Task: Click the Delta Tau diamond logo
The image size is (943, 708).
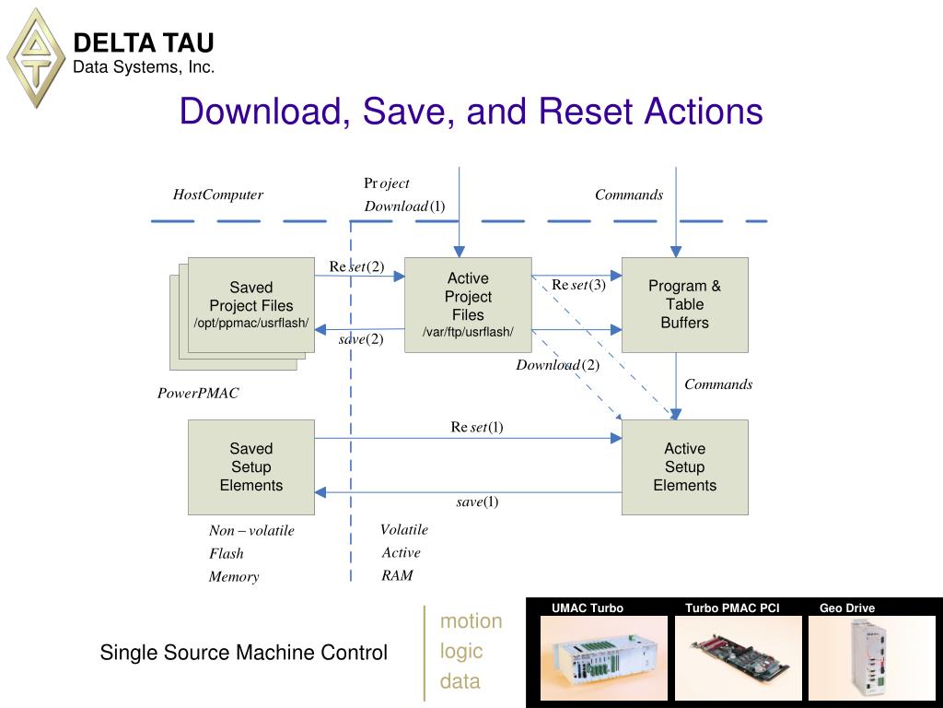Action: coord(36,58)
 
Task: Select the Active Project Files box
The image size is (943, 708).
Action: coord(468,304)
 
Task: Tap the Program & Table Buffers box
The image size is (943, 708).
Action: coord(685,304)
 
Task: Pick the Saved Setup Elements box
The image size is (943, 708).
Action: coord(251,467)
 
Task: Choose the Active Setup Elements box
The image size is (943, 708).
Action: coord(685,467)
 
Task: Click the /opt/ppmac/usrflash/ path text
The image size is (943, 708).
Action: coord(251,324)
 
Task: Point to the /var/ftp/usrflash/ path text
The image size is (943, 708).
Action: coord(468,332)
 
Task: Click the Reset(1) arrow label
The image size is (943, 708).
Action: coord(477,427)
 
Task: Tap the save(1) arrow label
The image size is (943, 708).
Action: coord(478,501)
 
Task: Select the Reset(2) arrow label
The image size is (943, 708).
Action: coord(356,266)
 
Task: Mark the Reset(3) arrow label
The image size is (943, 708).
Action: coord(578,285)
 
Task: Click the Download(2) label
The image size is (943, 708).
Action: coord(557,365)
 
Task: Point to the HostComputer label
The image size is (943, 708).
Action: coord(217,195)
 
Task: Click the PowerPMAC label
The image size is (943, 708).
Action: coord(198,393)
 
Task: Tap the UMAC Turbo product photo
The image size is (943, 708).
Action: coord(604,658)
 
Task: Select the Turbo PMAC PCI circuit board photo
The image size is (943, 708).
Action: coord(739,658)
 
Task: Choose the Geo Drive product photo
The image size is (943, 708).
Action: coord(872,658)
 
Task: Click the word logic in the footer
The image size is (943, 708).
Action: coord(461,652)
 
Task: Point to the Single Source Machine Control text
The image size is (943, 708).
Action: coord(243,653)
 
